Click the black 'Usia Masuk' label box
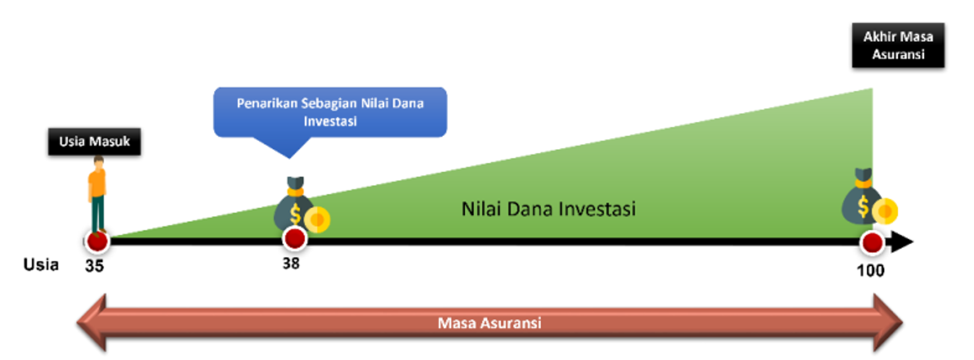click(x=95, y=142)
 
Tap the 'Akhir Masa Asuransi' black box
click(x=899, y=45)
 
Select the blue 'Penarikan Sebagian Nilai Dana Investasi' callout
click(x=330, y=112)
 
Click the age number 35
click(x=95, y=266)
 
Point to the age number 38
click(x=291, y=264)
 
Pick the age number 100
click(x=871, y=270)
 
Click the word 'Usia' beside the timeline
click(x=41, y=265)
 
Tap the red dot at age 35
click(x=97, y=241)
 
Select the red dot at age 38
click(x=294, y=239)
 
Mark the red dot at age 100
click(x=872, y=242)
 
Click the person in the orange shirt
click(x=98, y=195)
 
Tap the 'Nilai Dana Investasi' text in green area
click(x=549, y=209)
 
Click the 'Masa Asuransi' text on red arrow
click(x=490, y=323)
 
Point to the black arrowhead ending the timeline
click(x=902, y=242)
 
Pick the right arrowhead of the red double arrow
click(x=888, y=323)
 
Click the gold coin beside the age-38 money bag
click(x=317, y=220)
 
